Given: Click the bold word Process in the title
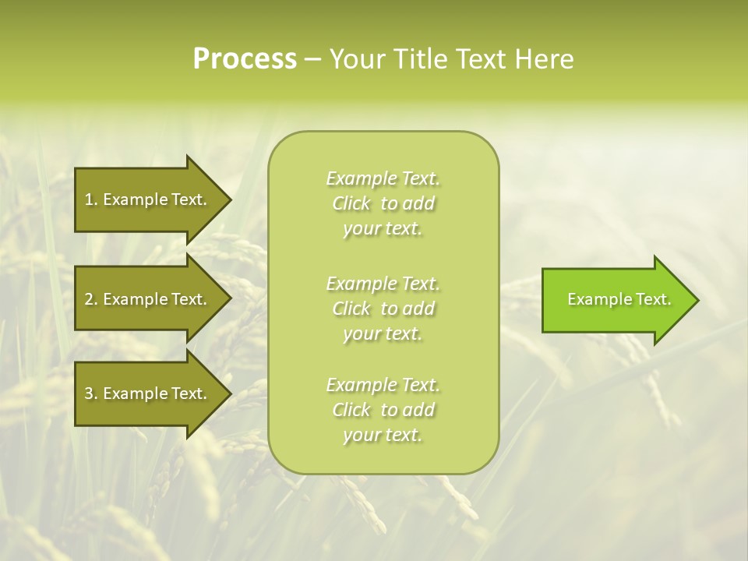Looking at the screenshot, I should coord(245,58).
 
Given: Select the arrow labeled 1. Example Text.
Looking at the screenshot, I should coord(144,199).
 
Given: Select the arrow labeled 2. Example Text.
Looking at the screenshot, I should coord(144,299).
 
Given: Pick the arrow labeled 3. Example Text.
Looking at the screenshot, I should coord(144,393).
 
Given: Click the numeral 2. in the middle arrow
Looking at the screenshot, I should coord(91,299).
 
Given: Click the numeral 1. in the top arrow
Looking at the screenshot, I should coord(90,199).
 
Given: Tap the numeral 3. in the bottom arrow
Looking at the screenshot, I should coord(91,393).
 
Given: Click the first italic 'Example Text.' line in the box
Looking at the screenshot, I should coord(383,178).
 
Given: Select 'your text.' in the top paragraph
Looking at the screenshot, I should coord(383,229).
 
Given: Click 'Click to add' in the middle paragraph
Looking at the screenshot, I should coord(383,309).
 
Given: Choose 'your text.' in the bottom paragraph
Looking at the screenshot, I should coord(383,436).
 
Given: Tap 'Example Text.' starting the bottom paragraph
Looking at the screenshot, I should coord(383,385).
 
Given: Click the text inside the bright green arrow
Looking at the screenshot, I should coord(619,299).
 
